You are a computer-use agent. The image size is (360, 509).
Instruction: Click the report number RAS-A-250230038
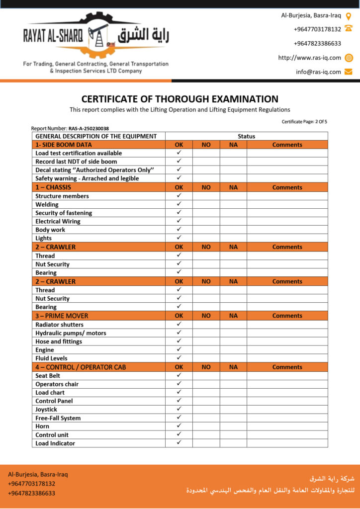coord(89,128)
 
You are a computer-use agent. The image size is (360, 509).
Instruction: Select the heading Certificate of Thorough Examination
coord(180,99)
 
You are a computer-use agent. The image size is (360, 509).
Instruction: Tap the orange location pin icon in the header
coord(349,15)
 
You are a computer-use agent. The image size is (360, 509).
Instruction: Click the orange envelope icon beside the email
coord(349,72)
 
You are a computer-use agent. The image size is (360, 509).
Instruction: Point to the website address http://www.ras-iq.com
coord(309,58)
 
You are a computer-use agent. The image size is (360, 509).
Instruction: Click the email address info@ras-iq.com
coord(318,72)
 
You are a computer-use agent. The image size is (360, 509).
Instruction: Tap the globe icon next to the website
coord(349,58)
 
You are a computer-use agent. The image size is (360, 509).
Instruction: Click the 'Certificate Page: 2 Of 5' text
coord(304,122)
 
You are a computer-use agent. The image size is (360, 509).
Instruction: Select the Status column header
coord(246,136)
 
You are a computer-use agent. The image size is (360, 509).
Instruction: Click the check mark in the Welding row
coord(179,204)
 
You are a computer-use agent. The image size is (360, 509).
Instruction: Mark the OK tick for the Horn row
coord(179,426)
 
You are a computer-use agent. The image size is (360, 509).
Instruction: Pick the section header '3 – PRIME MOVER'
coord(62,316)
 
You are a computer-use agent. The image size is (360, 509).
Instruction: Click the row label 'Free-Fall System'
coord(58,418)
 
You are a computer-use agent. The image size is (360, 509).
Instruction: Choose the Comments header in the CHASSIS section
coord(287,187)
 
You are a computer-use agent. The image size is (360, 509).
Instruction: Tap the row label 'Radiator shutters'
coord(59,325)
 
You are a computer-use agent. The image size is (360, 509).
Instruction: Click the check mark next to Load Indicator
coord(179,443)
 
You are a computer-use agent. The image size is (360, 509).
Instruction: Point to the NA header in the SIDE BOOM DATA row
coord(233,145)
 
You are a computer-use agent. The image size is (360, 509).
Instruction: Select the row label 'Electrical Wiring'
coord(58,221)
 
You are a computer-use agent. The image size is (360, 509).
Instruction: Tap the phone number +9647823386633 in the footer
coord(31,494)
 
